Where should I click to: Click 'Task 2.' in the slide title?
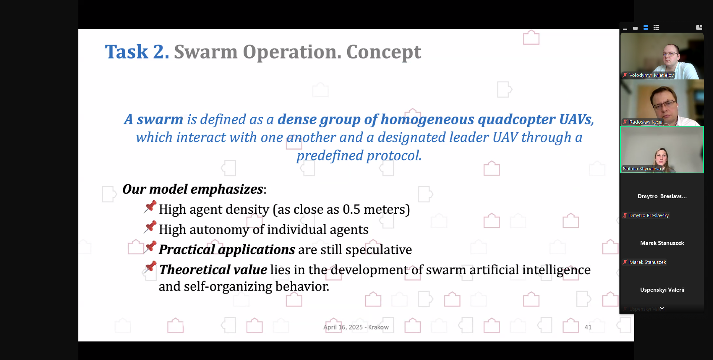[137, 51]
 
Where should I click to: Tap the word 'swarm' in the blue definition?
[160, 119]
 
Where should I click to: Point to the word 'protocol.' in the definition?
[394, 156]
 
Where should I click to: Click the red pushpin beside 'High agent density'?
[150, 206]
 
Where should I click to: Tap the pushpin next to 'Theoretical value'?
[150, 267]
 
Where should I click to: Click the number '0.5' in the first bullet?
[351, 209]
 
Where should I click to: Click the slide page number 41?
[588, 327]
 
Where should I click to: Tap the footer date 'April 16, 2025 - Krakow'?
[356, 327]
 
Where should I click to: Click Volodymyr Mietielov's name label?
[651, 75]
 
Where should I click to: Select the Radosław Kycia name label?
[646, 122]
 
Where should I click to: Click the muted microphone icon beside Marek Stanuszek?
[625, 262]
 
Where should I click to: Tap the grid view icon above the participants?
[656, 27]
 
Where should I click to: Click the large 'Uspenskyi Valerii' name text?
[662, 290]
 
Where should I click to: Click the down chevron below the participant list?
[662, 308]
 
